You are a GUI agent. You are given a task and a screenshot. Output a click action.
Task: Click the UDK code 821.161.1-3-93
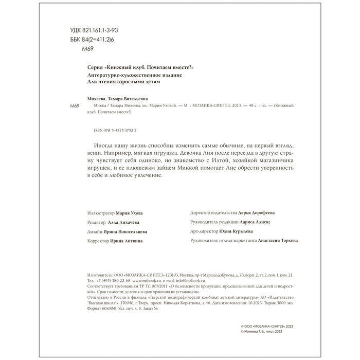[x=91, y=31]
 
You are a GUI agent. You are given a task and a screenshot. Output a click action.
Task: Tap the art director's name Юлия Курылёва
[x=245, y=231]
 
